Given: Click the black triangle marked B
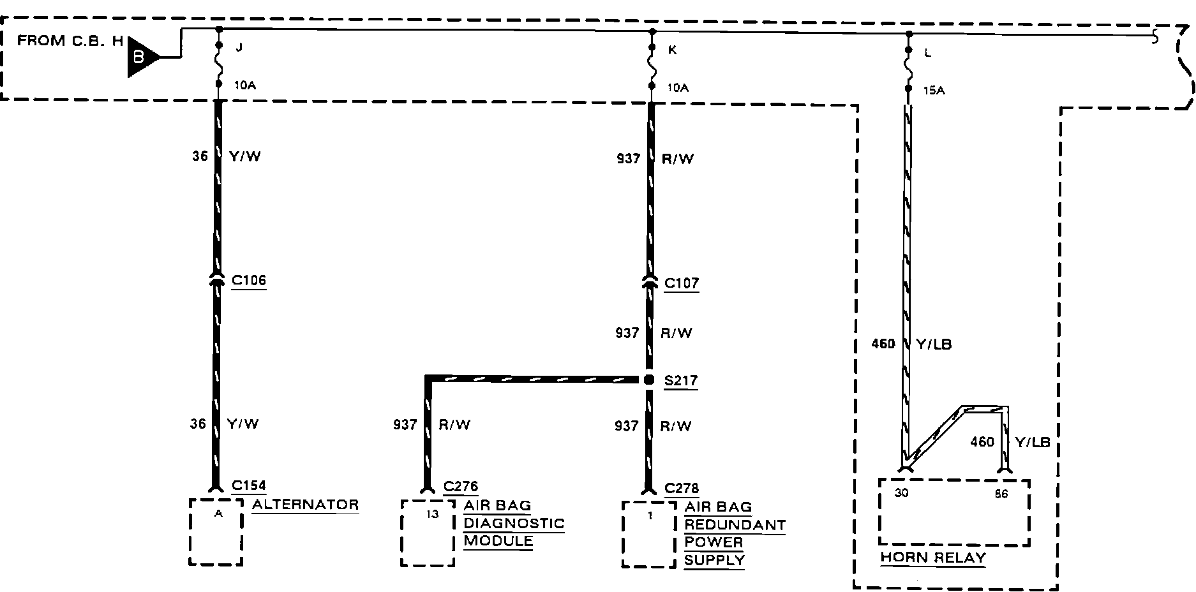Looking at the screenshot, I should [140, 57].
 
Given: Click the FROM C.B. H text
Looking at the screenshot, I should [70, 41].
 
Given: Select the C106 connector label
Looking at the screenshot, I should [248, 280].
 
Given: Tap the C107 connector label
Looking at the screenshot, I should [681, 283].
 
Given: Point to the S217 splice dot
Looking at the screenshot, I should [649, 380].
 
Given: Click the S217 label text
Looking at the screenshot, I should [681, 381].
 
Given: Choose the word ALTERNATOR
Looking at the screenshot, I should [305, 505].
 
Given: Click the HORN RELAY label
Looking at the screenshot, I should [933, 558].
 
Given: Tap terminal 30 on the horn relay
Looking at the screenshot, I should [901, 493].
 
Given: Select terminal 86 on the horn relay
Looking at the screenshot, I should [1001, 494].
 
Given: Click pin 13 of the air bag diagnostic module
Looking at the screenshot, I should [433, 514].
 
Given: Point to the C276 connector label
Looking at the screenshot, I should [460, 487].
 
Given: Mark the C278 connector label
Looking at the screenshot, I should [682, 489].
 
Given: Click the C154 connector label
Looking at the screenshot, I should [248, 485].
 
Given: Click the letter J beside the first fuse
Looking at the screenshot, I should [239, 47].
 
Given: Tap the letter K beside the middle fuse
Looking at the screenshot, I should [672, 49].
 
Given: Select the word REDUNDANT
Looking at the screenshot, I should [735, 525].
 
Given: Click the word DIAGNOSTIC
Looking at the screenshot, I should [514, 523].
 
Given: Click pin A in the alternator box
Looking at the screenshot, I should [218, 514].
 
